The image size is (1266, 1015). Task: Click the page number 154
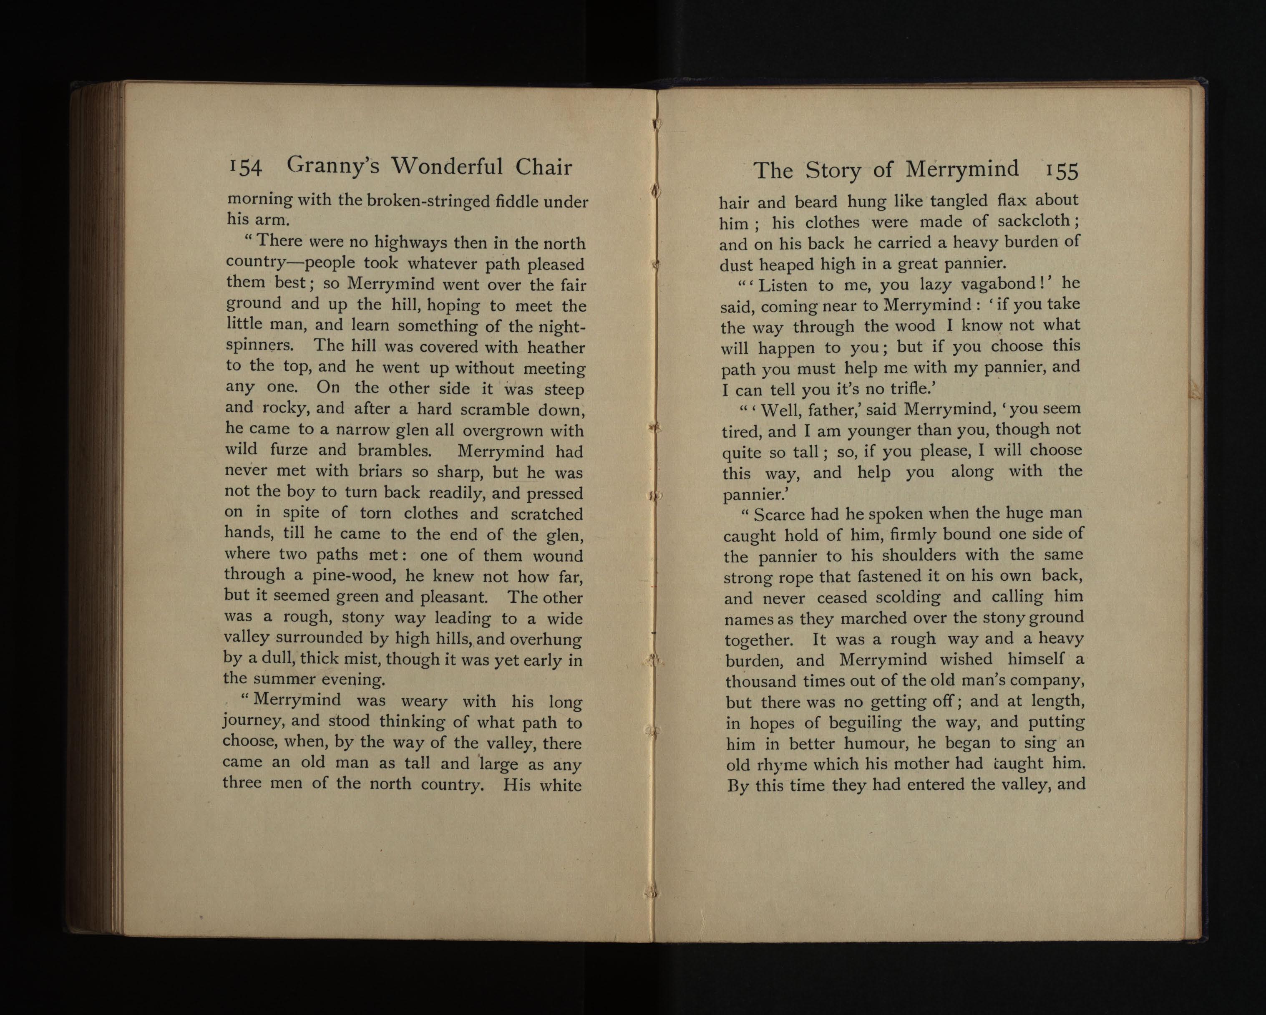[x=245, y=168]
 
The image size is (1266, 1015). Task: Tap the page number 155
[x=1062, y=171]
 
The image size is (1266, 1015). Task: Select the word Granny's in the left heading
[x=332, y=167]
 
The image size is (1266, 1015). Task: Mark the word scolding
[x=907, y=597]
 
